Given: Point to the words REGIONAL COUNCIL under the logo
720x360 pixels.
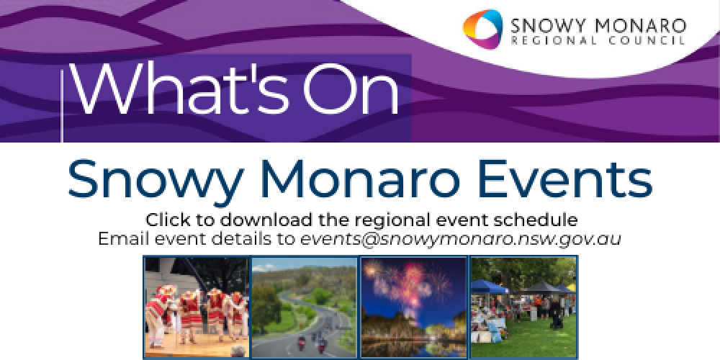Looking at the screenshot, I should click(598, 42).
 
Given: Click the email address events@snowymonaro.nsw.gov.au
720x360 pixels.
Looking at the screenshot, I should click(461, 238).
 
